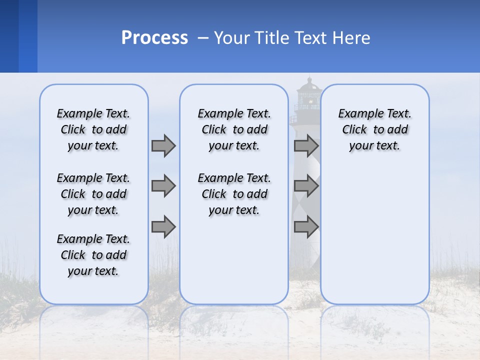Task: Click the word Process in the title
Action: tap(154, 38)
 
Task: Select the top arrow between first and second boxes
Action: tap(163, 145)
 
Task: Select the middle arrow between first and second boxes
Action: tap(163, 186)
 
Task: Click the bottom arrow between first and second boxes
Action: tap(163, 227)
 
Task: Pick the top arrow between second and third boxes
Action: tap(306, 145)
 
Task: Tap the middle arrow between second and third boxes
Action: tap(306, 186)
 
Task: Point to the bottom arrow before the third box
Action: tap(306, 227)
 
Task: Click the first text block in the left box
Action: tap(93, 129)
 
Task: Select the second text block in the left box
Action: tap(93, 194)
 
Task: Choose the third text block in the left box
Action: tap(93, 255)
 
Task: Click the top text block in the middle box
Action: tap(234, 129)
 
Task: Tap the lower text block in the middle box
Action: tap(234, 194)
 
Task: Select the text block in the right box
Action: tap(374, 129)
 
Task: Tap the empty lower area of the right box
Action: tap(374, 240)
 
